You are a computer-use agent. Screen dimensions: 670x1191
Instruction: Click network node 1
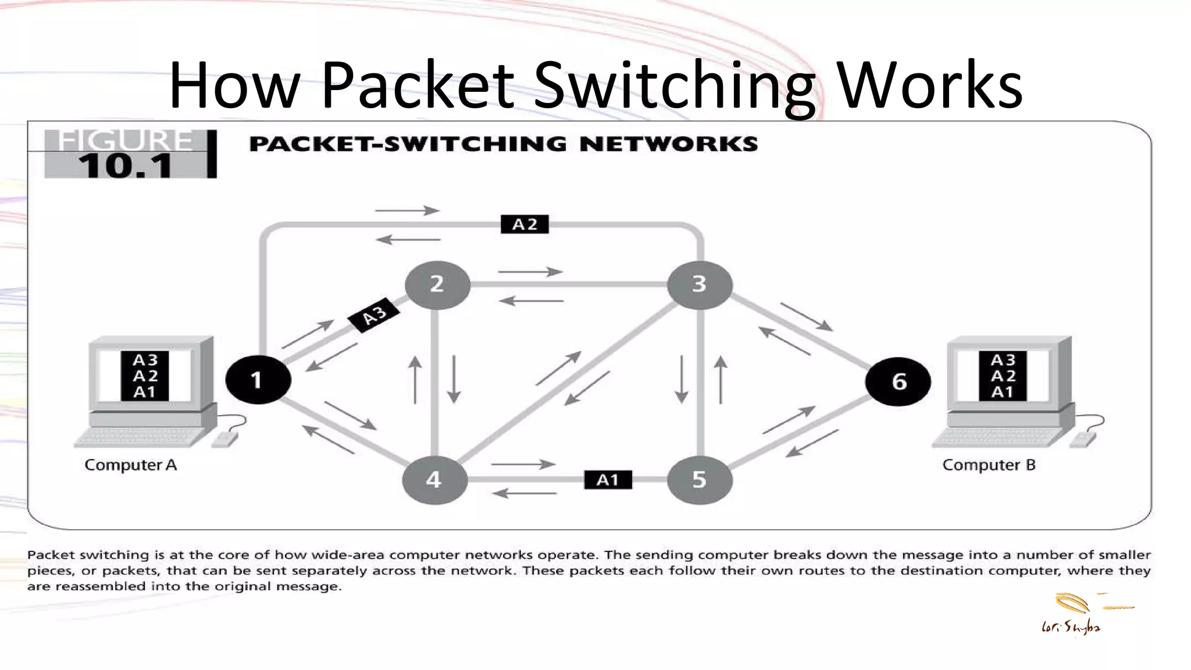(258, 380)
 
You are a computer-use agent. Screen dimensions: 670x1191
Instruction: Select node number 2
(437, 284)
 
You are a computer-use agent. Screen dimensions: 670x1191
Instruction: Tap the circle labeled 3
(699, 284)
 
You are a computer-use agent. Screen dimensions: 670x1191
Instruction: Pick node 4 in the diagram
(434, 480)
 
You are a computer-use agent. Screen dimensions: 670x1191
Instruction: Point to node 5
(699, 480)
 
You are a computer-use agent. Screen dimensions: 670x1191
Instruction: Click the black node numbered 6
(898, 382)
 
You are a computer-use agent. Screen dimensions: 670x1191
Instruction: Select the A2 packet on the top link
(525, 224)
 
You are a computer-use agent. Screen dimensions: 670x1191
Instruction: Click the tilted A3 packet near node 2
(373, 316)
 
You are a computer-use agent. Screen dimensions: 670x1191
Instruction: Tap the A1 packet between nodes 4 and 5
(608, 480)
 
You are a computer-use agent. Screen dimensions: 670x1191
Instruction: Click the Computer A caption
(130, 465)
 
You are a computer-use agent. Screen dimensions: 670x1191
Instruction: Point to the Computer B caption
(989, 465)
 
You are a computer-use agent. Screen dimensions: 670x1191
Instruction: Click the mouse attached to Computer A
(224, 439)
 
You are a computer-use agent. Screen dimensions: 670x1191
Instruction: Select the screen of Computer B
(1003, 376)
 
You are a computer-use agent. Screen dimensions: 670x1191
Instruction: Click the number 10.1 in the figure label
(126, 166)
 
